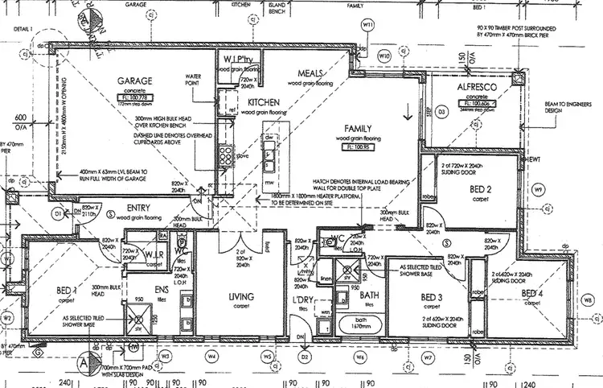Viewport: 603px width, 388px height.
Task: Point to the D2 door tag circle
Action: click(305, 355)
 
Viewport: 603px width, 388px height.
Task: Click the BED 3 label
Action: click(431, 297)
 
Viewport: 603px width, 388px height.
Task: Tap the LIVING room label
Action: click(240, 296)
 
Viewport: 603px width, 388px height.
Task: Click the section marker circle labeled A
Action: click(83, 364)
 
